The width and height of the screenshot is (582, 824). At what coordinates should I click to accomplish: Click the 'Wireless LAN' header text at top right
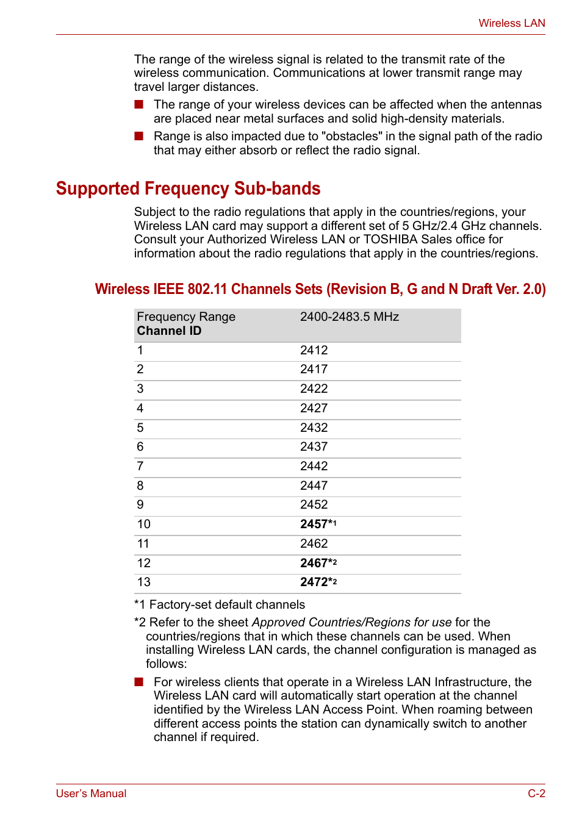(x=511, y=23)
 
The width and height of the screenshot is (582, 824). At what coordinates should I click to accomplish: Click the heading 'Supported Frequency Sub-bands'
(x=188, y=188)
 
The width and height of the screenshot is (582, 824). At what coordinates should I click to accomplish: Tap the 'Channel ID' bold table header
(x=169, y=331)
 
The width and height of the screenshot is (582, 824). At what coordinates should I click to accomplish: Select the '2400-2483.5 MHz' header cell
(x=349, y=317)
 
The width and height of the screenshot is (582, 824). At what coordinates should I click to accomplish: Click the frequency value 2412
(x=314, y=351)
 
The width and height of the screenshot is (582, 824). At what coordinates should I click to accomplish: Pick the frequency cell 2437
(x=314, y=447)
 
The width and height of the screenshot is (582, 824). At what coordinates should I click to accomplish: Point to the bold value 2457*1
(x=318, y=525)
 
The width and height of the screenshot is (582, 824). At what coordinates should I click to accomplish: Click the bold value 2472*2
(x=318, y=582)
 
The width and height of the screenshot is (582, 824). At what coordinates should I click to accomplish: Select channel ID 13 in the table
(x=144, y=582)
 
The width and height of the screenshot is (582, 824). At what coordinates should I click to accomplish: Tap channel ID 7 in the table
(x=140, y=467)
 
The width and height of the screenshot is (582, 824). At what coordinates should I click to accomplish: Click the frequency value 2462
(x=314, y=544)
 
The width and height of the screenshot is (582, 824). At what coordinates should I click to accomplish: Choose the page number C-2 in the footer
(x=536, y=794)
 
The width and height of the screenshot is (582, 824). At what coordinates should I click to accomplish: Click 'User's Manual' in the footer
(x=91, y=794)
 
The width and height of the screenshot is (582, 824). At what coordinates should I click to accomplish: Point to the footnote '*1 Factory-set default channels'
(x=220, y=605)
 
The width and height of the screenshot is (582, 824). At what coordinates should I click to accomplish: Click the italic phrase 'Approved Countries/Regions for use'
(x=351, y=623)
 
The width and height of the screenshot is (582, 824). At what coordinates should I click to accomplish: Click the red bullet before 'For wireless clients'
(x=139, y=682)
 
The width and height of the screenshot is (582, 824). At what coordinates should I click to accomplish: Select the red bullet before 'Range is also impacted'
(x=139, y=136)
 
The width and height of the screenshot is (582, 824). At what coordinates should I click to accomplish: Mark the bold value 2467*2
(x=318, y=564)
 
